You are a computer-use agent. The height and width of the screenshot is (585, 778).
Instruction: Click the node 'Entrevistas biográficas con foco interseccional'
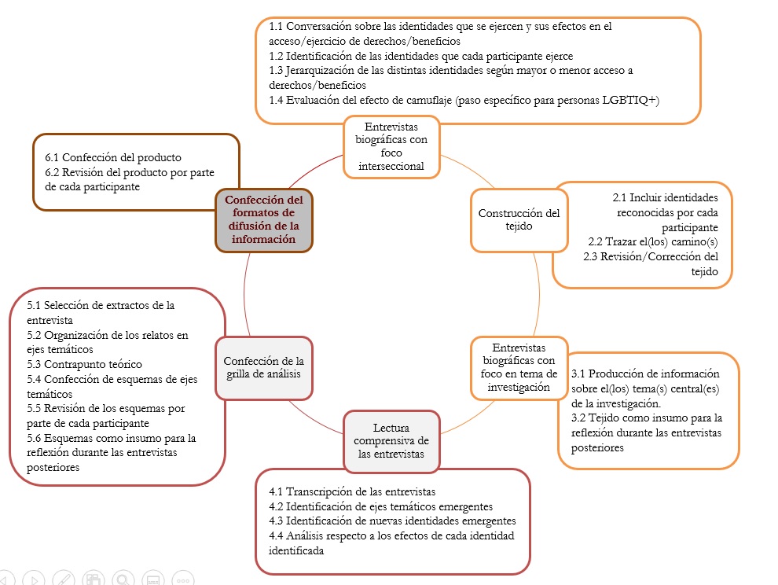[x=391, y=146]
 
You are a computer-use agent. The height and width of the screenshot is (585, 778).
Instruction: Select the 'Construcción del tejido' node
[x=519, y=219]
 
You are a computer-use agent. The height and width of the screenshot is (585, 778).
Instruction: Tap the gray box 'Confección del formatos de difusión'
[x=263, y=219]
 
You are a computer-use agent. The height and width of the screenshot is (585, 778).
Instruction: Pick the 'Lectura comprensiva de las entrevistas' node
[x=391, y=440]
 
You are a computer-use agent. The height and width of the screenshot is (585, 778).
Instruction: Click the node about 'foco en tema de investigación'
[x=519, y=367]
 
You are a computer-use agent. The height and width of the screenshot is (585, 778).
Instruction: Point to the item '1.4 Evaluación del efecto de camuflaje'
[x=464, y=100]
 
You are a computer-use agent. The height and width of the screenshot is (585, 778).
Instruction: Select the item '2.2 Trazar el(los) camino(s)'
[x=653, y=241]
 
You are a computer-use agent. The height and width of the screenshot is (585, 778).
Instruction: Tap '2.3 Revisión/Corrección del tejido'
[x=651, y=263]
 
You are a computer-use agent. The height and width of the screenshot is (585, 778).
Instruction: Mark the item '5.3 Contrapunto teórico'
[x=84, y=364]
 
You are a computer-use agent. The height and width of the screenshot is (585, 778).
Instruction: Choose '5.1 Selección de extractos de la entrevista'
[x=100, y=312]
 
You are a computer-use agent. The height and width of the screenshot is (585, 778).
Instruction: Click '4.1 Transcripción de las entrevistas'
[x=351, y=491]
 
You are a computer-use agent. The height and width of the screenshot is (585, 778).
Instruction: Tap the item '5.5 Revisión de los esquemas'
[x=105, y=416]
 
